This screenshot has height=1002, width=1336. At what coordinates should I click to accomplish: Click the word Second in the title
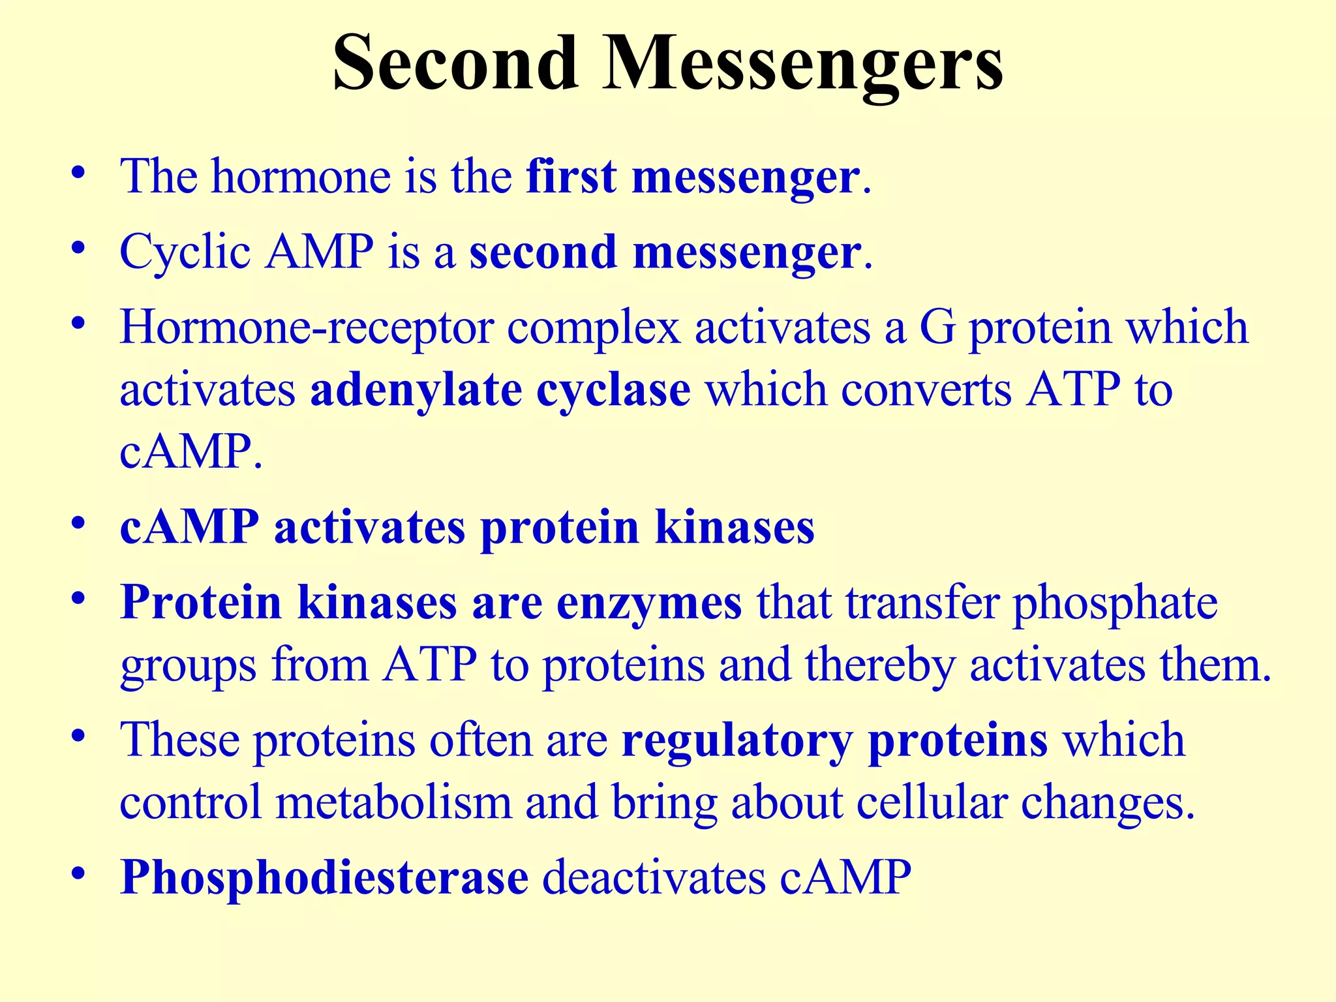(455, 63)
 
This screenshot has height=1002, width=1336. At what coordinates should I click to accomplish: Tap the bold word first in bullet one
(570, 177)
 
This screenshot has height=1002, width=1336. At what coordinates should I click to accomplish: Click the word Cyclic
(185, 253)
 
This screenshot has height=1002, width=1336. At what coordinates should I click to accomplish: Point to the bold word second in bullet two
(543, 253)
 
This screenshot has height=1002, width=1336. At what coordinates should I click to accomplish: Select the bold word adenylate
(416, 391)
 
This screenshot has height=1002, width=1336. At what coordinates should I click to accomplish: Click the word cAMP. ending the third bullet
(190, 452)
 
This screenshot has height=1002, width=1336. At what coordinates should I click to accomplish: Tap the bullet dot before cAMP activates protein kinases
(79, 524)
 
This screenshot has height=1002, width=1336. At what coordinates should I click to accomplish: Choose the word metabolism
(393, 803)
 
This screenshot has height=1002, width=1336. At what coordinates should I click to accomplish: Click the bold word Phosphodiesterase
(324, 878)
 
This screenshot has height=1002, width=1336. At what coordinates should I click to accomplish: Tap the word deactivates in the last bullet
(654, 878)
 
